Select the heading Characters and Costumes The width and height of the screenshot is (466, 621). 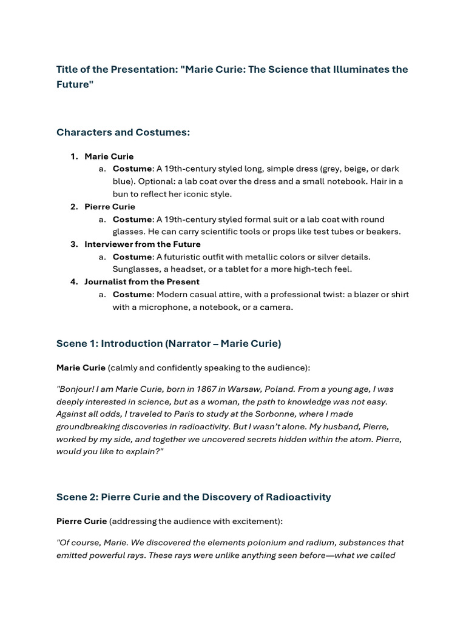pyautogui.click(x=123, y=132)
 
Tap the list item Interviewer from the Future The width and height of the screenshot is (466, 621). pyautogui.click(x=142, y=244)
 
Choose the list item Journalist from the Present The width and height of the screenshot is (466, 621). pyautogui.click(x=141, y=281)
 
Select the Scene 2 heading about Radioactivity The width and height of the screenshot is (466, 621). pyautogui.click(x=194, y=497)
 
